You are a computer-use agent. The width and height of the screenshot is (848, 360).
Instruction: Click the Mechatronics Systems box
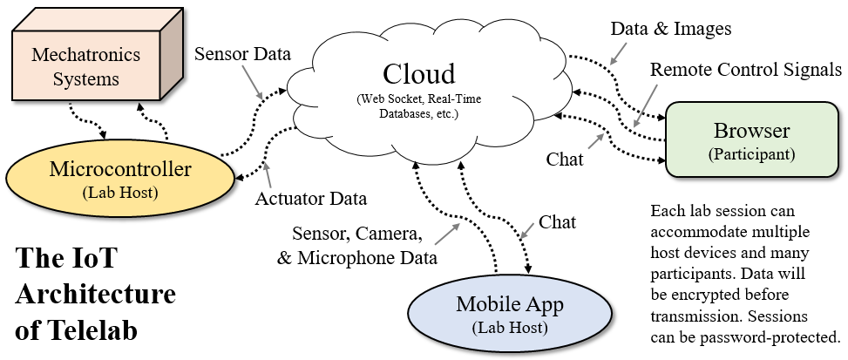click(x=75, y=68)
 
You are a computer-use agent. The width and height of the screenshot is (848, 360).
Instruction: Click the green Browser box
click(x=751, y=139)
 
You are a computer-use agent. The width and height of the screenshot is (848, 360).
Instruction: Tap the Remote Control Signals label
click(x=746, y=69)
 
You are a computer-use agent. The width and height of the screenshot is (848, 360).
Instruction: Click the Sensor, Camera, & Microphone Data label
click(x=367, y=247)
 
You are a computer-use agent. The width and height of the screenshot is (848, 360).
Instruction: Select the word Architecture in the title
click(x=95, y=295)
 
